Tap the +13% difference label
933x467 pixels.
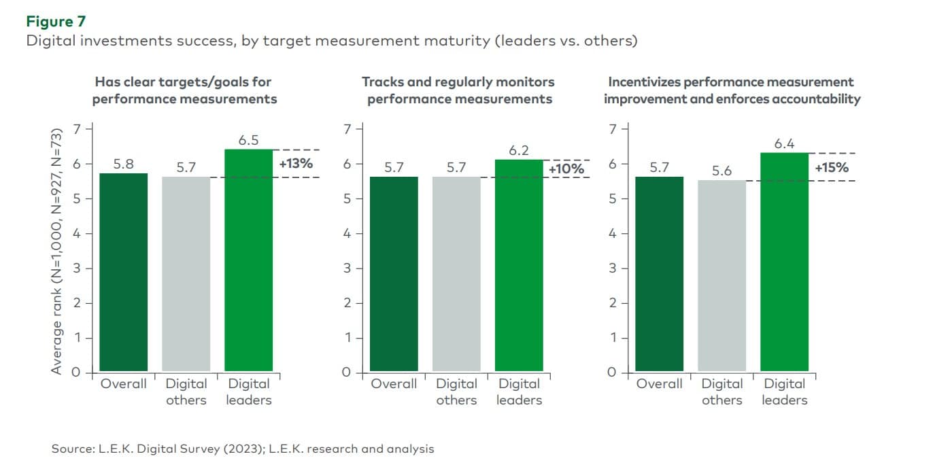click(296, 163)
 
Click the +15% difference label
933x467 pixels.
click(831, 167)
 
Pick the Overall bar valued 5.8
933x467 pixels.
click(123, 273)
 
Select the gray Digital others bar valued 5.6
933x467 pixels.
click(722, 276)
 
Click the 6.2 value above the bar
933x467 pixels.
click(518, 150)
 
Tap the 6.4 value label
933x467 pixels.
click(784, 143)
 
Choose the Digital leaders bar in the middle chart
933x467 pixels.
click(518, 266)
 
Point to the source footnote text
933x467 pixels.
click(243, 449)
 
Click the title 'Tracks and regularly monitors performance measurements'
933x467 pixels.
click(458, 90)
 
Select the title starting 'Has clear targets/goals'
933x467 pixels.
click(184, 90)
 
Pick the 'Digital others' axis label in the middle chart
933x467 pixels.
click(456, 392)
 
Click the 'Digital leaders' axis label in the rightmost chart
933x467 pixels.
click(784, 392)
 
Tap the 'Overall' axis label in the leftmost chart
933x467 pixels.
click(123, 384)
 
